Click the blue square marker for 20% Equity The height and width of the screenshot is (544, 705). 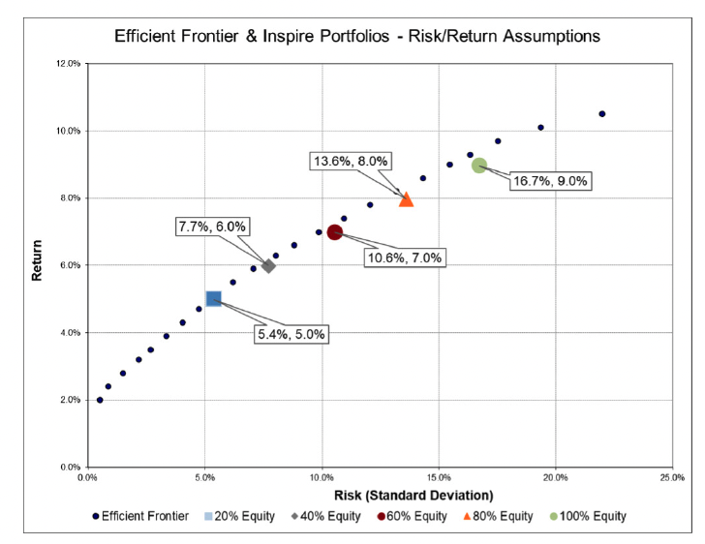click(x=214, y=298)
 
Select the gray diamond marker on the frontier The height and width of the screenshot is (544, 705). click(x=268, y=265)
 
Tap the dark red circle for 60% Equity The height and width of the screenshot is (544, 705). click(x=335, y=232)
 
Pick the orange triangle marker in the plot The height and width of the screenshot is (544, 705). click(x=406, y=198)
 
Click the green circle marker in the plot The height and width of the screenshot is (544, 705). click(x=479, y=166)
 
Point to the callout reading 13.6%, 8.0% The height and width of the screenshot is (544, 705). click(x=350, y=162)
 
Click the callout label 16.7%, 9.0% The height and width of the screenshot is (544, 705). click(x=549, y=181)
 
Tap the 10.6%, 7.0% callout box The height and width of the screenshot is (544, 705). click(x=404, y=257)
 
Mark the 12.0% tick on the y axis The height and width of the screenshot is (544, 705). click(x=68, y=64)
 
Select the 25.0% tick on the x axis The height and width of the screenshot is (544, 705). click(x=672, y=477)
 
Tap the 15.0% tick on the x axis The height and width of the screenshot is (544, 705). click(x=438, y=477)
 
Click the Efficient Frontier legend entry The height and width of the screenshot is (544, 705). click(x=141, y=517)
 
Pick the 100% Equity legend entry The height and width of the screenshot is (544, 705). click(x=591, y=517)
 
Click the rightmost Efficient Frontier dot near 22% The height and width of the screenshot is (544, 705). click(x=601, y=114)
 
